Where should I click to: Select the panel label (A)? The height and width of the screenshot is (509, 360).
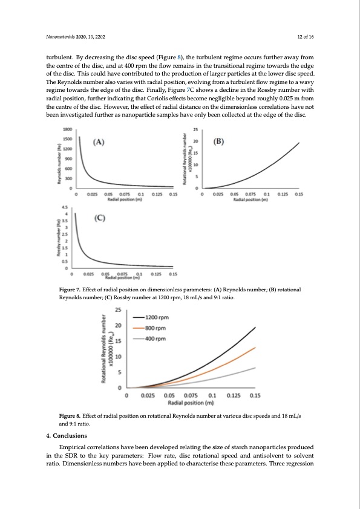pos(99,143)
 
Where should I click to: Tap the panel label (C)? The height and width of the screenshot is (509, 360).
pos(99,219)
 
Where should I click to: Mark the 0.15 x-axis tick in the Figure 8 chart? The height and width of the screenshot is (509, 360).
pos(255,395)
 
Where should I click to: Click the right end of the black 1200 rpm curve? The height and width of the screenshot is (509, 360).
pos(255,328)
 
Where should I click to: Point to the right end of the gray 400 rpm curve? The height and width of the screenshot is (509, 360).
pos(255,368)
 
